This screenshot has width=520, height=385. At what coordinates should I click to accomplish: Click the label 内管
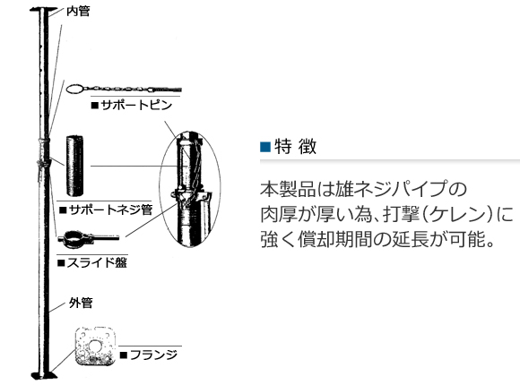click(x=78, y=11)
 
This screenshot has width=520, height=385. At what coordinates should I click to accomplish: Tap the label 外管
click(x=81, y=303)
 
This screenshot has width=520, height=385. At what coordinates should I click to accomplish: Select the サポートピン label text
click(x=136, y=105)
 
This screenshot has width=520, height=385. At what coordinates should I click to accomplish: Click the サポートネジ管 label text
click(x=111, y=210)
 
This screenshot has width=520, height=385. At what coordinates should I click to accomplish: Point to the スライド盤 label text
click(x=97, y=262)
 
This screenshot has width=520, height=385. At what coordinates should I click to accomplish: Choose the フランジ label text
click(x=153, y=355)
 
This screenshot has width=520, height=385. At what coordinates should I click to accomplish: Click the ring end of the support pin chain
click(x=74, y=89)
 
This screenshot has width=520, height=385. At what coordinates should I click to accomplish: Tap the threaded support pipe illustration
click(x=74, y=166)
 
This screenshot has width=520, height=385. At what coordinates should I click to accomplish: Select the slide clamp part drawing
click(x=88, y=238)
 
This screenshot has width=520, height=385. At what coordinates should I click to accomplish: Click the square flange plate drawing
click(x=96, y=346)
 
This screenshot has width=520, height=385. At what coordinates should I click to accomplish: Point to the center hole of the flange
click(x=96, y=345)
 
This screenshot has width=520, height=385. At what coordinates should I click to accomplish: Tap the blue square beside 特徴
click(x=265, y=146)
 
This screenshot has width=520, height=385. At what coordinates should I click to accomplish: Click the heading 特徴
click(x=296, y=146)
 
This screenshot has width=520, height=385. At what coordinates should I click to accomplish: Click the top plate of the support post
click(x=44, y=10)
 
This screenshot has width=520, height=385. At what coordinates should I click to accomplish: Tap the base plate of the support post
click(x=44, y=375)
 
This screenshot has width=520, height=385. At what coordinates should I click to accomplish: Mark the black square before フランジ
click(x=124, y=355)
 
